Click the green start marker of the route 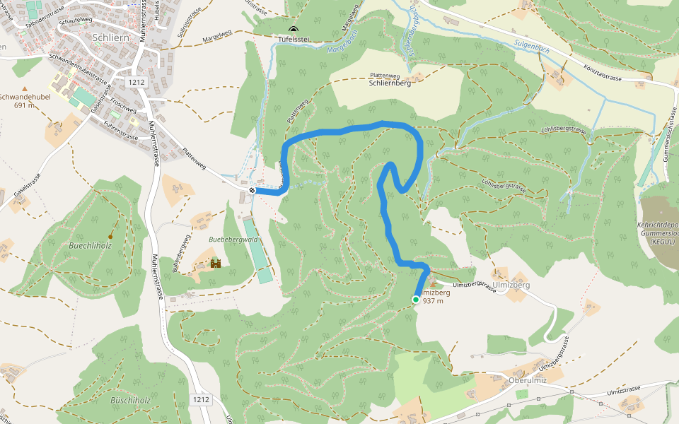[416, 300]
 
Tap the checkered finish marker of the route [253, 189]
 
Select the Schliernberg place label [390, 83]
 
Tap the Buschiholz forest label [130, 400]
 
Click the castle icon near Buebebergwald [216, 263]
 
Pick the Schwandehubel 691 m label [24, 101]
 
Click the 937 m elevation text [433, 301]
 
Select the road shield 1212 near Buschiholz [200, 399]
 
